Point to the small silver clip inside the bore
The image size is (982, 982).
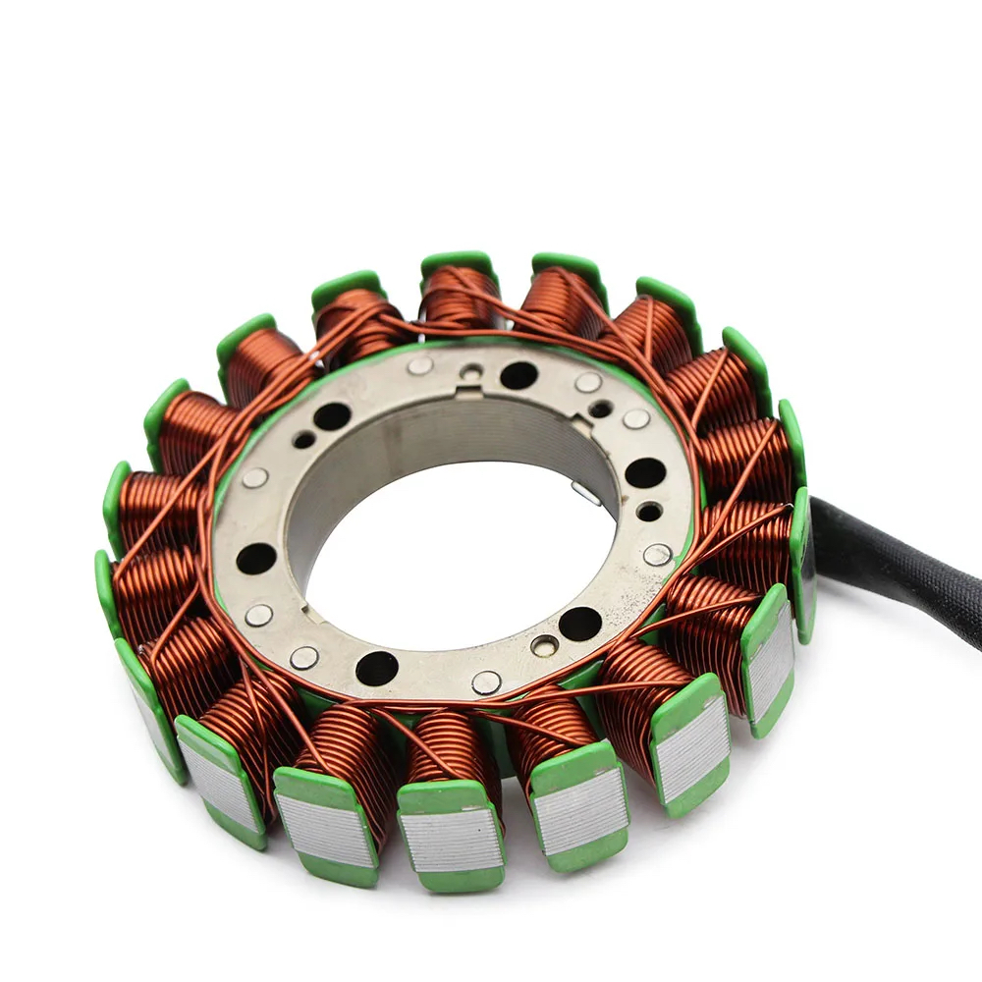586,494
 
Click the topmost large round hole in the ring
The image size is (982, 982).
518,375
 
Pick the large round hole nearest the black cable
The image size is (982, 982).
644,472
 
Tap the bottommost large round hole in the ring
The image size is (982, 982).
377,668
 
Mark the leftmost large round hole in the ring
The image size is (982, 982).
256,558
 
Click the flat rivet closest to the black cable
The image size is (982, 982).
657,554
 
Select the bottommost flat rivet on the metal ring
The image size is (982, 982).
486,682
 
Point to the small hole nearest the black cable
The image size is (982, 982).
649,512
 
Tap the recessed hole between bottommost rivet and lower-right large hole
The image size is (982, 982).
544,645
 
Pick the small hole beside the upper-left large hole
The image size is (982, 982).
304,439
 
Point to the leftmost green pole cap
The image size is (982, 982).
107,579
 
